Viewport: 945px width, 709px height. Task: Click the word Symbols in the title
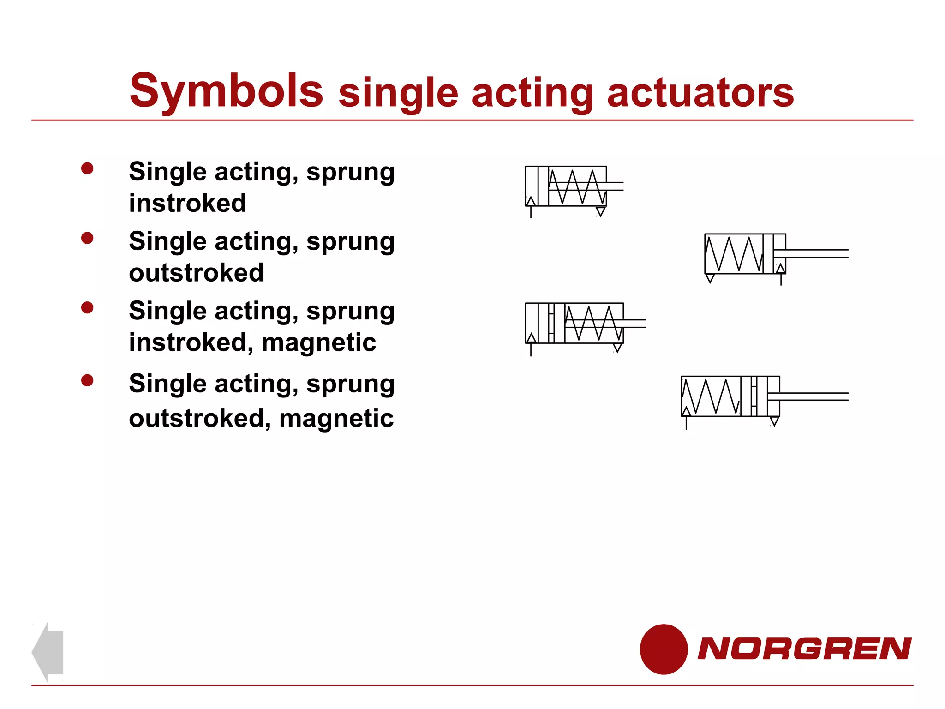coord(226,91)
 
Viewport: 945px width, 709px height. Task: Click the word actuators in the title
coord(700,93)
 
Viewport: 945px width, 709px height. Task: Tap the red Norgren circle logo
coord(664,649)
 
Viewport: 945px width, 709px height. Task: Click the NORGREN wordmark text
coord(804,649)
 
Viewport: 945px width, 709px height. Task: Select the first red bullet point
coord(87,168)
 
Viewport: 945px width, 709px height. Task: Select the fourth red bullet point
coord(87,380)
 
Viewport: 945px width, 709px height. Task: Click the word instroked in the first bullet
coord(187,203)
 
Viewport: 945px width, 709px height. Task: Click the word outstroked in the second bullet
coord(196,273)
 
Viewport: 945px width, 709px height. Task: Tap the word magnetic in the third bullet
coord(318,342)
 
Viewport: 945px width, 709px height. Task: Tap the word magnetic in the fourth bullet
coord(336,418)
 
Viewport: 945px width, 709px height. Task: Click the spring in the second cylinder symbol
coord(734,254)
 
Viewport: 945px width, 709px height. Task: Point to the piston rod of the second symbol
coord(812,253)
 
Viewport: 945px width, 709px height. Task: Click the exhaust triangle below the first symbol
coord(600,211)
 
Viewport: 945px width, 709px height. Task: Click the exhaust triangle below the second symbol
coord(710,278)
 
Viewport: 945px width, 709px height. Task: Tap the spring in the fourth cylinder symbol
coord(711,397)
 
